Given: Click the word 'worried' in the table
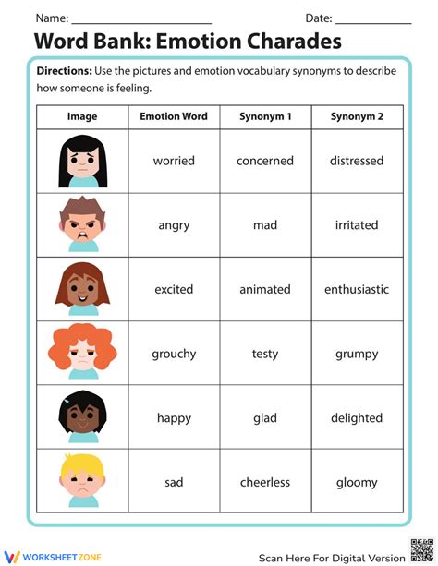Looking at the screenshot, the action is tap(174, 161).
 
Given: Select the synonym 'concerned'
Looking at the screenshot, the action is tap(265, 161).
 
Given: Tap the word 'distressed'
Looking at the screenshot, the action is tap(357, 161).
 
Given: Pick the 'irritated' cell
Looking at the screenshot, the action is tap(357, 225).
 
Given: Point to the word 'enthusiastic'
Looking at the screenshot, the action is tap(357, 289).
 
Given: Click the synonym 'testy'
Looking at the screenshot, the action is tap(265, 354).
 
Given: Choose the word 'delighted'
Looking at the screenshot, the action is tap(357, 417).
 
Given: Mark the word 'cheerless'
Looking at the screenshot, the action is tap(265, 482).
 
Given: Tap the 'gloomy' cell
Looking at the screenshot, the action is tap(357, 482).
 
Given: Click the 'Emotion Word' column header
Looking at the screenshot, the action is tap(174, 116).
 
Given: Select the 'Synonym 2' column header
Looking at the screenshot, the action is tap(357, 116).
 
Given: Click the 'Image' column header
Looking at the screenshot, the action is tap(82, 116).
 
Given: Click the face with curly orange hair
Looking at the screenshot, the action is tap(82, 351).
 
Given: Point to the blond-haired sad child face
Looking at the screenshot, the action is tap(82, 480).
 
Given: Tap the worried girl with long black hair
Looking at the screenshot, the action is tap(82, 160).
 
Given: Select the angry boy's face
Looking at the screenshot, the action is tap(82, 224).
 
